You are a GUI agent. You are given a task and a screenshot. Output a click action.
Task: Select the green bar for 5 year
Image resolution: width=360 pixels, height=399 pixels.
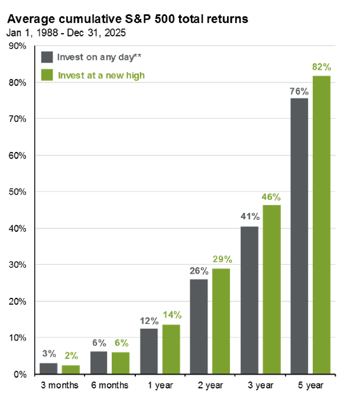pos(322,225)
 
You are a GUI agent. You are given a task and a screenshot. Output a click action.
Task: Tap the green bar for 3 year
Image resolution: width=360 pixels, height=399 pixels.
pos(271,290)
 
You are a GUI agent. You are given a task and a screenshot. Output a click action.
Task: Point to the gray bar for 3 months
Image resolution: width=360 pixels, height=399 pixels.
pos(48,368)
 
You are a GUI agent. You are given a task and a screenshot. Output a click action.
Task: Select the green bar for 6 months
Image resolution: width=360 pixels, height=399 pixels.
pos(120,363)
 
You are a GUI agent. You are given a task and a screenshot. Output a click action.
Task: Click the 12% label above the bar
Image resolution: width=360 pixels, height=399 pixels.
pos(149,320)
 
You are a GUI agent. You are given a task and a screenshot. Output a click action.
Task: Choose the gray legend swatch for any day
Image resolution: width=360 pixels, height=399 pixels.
pos(47,57)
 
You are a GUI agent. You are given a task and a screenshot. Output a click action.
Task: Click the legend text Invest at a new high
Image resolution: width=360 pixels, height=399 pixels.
pos(101,75)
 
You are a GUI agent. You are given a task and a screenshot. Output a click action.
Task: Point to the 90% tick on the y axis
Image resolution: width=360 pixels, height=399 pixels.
pos(18,46)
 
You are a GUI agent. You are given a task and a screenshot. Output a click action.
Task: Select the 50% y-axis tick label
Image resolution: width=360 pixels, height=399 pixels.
pos(18,192)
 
